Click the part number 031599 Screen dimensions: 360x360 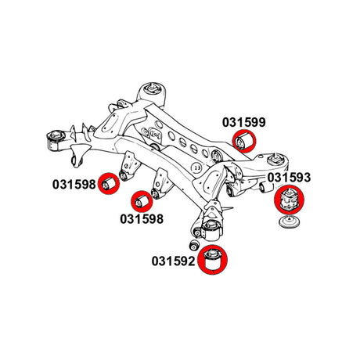[x=244, y=122]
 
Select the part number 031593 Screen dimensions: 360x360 [x=289, y=178]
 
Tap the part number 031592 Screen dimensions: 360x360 [x=174, y=261]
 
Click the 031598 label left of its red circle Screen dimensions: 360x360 [x=74, y=185]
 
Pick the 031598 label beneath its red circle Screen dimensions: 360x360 [x=142, y=219]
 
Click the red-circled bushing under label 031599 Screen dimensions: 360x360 [x=244, y=141]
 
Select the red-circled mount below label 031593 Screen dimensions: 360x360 [x=289, y=200]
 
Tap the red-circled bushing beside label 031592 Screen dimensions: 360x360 [x=213, y=259]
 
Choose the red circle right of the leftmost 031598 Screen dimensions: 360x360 [x=109, y=184]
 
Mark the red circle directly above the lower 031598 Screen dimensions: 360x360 [x=142, y=201]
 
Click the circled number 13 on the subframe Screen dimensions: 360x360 [x=197, y=167]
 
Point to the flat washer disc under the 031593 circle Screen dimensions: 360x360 [x=290, y=222]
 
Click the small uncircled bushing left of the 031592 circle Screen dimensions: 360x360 [x=194, y=244]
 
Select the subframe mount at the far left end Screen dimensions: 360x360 [x=56, y=140]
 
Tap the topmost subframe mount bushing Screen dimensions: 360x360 [x=152, y=93]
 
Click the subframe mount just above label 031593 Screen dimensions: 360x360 [x=276, y=160]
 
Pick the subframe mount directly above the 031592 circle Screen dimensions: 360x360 [x=212, y=229]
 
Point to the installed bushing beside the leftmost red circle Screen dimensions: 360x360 [x=124, y=175]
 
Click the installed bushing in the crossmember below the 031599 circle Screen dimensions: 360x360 [x=217, y=157]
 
